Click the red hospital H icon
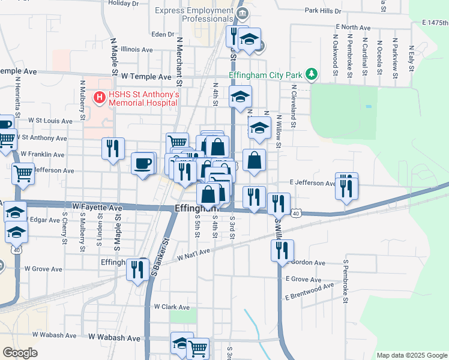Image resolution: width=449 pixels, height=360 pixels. click(x=97, y=96)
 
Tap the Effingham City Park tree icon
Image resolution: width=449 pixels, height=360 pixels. click(x=311, y=74)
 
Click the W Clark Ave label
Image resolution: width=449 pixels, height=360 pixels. click(x=171, y=306)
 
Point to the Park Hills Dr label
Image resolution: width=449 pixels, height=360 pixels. click(x=322, y=11)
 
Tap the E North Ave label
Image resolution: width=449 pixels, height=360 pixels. click(x=354, y=28)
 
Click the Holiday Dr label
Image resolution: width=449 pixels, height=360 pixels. click(x=124, y=3)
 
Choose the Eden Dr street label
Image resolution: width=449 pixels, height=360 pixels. click(x=163, y=34)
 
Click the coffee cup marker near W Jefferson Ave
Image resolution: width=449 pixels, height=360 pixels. click(x=142, y=163)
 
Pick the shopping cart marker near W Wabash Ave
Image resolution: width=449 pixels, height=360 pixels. click(x=197, y=347)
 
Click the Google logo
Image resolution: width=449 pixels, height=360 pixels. click(x=20, y=353)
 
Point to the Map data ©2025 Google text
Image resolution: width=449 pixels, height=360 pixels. click(x=411, y=355)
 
